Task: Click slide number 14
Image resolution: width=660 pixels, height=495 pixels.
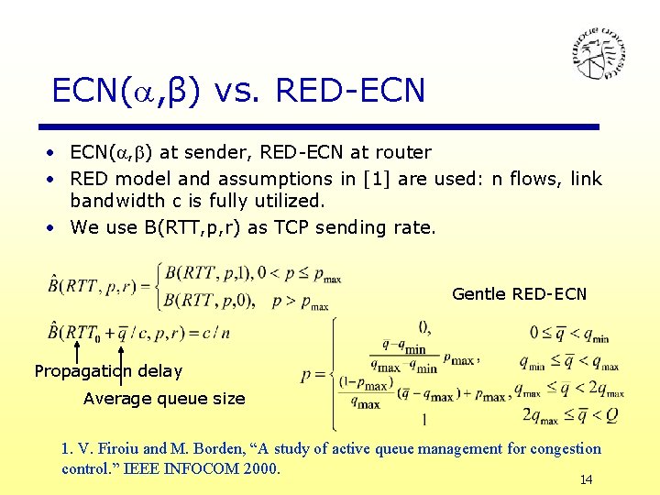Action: coord(587,479)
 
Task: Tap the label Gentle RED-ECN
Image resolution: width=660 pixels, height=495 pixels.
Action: coord(519,294)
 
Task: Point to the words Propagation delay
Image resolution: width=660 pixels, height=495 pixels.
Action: coord(108,371)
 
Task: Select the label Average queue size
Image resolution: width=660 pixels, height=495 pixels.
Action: coord(164,399)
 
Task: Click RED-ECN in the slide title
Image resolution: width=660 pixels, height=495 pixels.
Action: coord(350,91)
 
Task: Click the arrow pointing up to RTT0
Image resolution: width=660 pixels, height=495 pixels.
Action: coord(77,353)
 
